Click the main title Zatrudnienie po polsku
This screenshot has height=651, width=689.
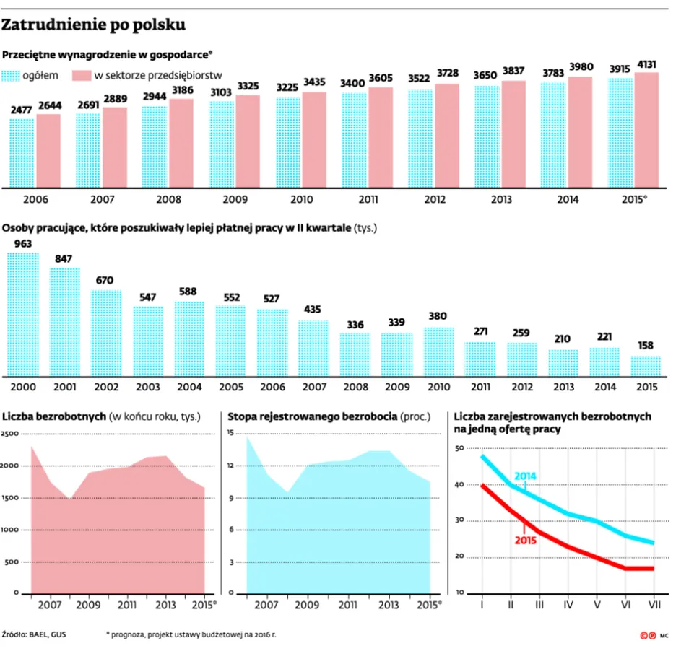[93, 25]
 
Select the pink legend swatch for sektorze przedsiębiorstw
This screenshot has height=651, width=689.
[82, 76]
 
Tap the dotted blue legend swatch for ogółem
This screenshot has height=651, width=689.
[11, 76]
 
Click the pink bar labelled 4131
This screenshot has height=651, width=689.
[646, 131]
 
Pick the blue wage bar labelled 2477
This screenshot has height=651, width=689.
[22, 153]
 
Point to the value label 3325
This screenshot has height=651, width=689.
[248, 86]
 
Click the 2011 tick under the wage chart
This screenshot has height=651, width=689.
[368, 200]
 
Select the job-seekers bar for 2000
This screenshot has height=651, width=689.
[23, 315]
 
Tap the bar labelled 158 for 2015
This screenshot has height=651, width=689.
[646, 366]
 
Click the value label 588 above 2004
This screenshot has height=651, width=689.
[188, 292]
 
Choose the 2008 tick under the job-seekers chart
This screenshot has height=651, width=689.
[356, 387]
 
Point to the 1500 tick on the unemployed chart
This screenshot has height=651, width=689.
[9, 498]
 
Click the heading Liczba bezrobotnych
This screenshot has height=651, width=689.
[54, 416]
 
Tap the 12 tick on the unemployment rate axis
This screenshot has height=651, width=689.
[230, 466]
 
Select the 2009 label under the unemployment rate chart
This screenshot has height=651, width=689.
[307, 606]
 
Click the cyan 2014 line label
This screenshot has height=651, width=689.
[526, 476]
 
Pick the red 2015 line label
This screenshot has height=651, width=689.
[526, 541]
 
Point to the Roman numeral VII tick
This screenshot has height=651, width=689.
[655, 605]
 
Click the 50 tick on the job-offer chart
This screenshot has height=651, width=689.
[459, 449]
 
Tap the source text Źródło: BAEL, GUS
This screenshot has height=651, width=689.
[34, 634]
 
